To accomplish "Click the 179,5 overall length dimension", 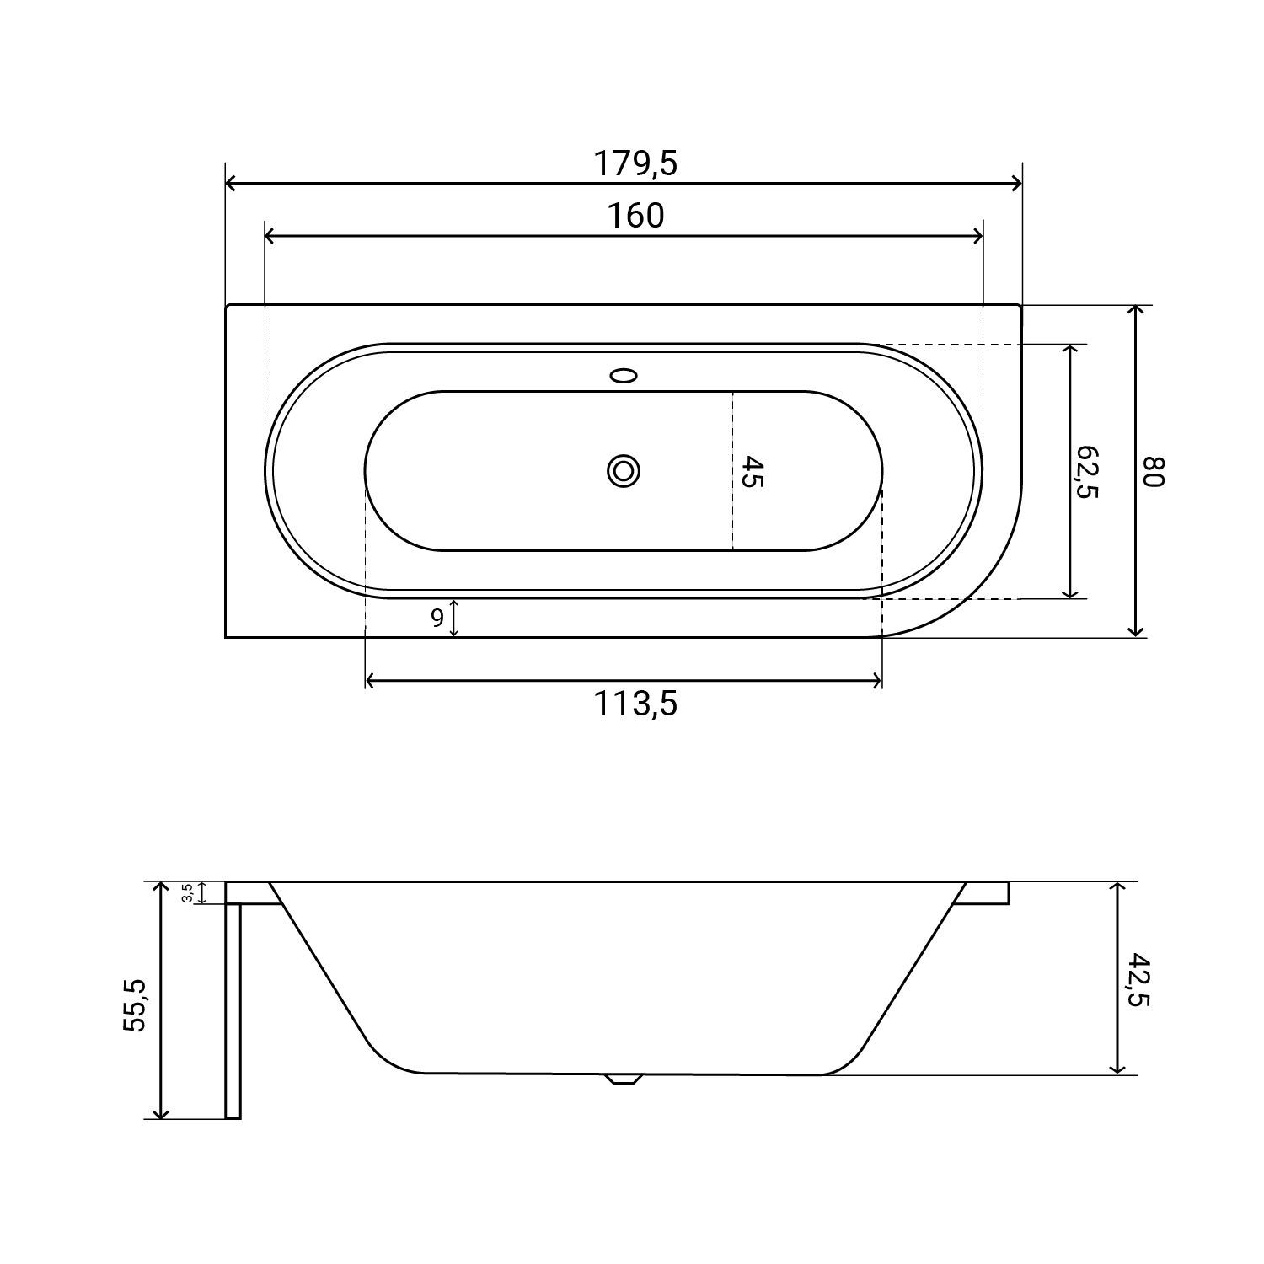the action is [635, 163].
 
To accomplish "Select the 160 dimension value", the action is [636, 216].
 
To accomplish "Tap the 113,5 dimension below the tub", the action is [636, 704].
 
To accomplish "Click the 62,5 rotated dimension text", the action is [1086, 472].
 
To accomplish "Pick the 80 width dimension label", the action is [1152, 471].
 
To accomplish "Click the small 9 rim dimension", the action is [437, 619].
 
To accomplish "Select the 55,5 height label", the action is [135, 1004].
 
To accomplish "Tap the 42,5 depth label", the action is [1137, 979].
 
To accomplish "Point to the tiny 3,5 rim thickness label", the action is [187, 893].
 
